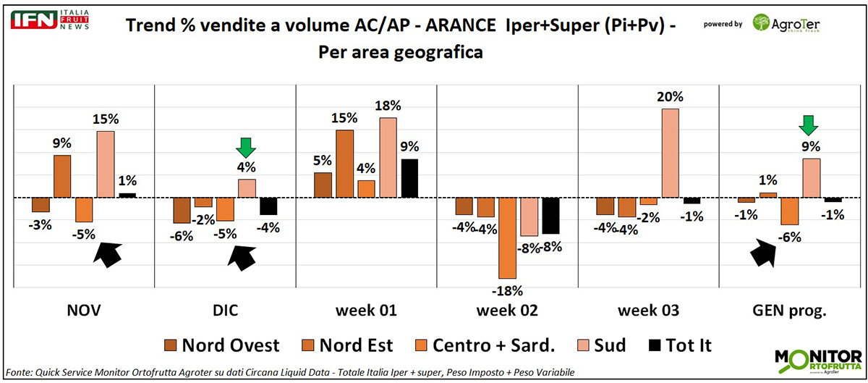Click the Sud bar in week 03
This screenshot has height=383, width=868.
670,153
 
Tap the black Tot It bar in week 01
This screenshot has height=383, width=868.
409,178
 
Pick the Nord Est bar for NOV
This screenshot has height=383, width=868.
62,176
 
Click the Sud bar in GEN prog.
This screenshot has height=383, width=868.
812,178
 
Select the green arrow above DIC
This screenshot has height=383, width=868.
247,148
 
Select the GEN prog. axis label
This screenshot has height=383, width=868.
791,312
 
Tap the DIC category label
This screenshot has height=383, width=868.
226,312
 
